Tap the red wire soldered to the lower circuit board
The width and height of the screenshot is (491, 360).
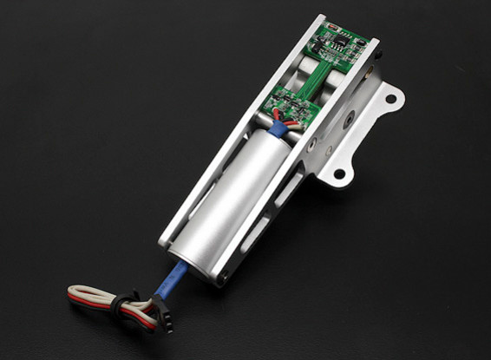(277, 115)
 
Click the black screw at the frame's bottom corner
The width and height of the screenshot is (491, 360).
(224, 278)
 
